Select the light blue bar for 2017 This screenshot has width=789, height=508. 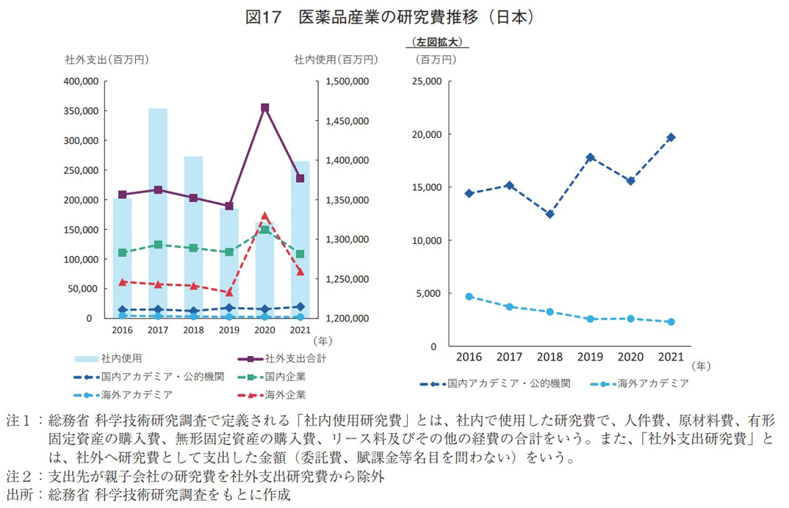pos(158,213)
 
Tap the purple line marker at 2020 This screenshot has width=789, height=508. pos(264,108)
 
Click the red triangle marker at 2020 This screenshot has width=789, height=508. pos(264,217)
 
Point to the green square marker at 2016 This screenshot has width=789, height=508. pos(123,253)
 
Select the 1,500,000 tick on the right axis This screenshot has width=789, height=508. pos(346,81)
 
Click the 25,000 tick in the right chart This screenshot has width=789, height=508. pos(425,81)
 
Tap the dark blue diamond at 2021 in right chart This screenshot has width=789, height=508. pos(671,137)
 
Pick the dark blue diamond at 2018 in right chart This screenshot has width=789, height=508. pos(550,214)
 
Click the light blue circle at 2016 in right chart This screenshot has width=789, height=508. pos(469,297)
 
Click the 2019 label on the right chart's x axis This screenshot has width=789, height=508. pos(590,357)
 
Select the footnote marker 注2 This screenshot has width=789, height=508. pos(18,476)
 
